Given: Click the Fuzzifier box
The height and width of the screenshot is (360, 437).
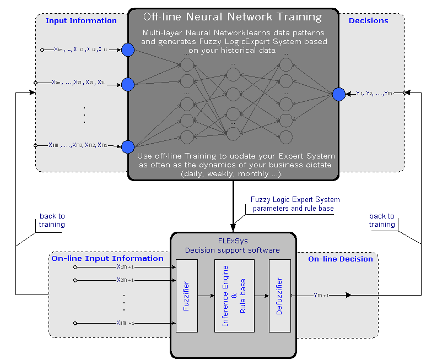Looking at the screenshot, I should coord(186,296).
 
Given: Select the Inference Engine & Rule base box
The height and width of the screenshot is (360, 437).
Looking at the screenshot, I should coord(234,296).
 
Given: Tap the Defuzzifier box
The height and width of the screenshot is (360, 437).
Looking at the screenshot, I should coord(279,296).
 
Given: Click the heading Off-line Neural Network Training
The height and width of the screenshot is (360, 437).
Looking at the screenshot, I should coord(233,17).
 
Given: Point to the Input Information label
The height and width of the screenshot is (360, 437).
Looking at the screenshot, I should coord(81,21).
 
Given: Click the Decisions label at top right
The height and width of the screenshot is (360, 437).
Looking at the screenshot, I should coord(368,21).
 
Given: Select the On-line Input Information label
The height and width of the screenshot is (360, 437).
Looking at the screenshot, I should coord(107,258).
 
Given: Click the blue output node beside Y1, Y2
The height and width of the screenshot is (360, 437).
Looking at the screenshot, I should coord(338,94).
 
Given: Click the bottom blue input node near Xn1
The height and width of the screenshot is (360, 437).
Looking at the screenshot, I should coord(128,146).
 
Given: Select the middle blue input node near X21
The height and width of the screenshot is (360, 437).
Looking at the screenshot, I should coord(128,84).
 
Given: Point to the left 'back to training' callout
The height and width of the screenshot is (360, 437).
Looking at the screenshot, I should coord(52,220).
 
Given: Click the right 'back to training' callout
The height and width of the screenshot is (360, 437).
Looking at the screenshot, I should coord(382,220).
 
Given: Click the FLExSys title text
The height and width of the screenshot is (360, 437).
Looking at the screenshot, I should coord(233,241).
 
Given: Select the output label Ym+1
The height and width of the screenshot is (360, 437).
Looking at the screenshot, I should coord(321,296).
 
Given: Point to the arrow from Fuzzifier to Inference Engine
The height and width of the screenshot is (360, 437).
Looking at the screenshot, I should coord(206,296).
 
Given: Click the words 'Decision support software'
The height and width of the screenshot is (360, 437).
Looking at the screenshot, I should coord(233,250).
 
